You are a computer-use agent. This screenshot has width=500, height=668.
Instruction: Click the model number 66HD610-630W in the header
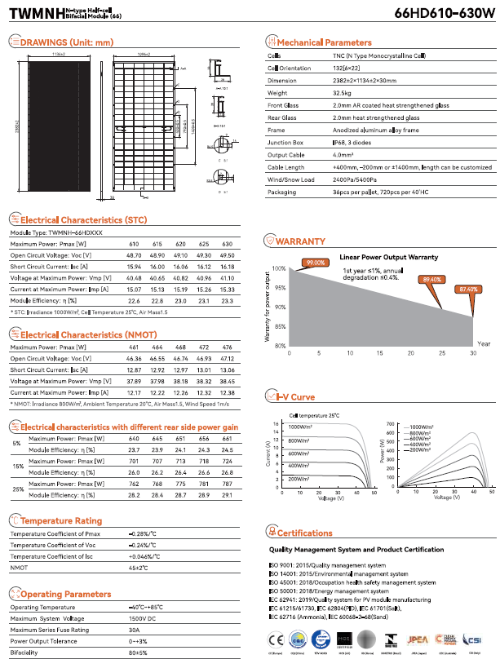point(444,14)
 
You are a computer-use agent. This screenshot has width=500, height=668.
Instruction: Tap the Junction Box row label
point(286,142)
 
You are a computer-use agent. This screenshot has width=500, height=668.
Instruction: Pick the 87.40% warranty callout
point(468,289)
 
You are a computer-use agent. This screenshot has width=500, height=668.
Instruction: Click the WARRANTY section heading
point(300,241)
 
